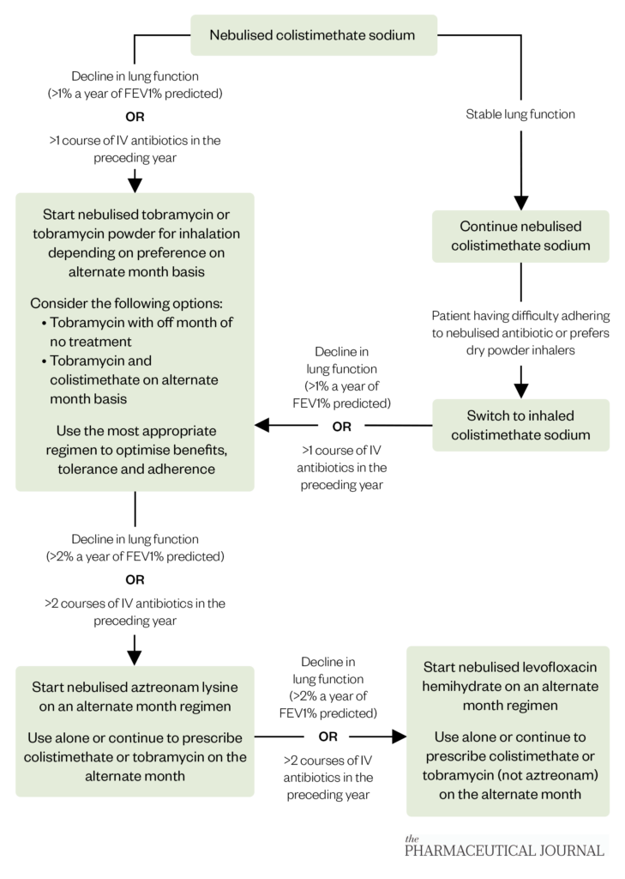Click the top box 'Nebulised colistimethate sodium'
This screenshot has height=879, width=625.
(313, 35)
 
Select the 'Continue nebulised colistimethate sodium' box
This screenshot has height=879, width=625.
(520, 236)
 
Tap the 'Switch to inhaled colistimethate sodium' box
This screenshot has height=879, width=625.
(520, 425)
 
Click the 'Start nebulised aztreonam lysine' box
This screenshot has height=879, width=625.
(135, 730)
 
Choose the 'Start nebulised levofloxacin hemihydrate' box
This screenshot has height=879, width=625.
(508, 730)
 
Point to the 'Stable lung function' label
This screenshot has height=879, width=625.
(520, 113)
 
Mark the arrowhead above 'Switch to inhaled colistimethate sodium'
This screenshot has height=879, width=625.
(520, 390)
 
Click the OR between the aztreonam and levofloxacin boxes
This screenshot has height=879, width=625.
(328, 737)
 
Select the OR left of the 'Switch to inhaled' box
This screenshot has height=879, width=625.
(341, 425)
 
